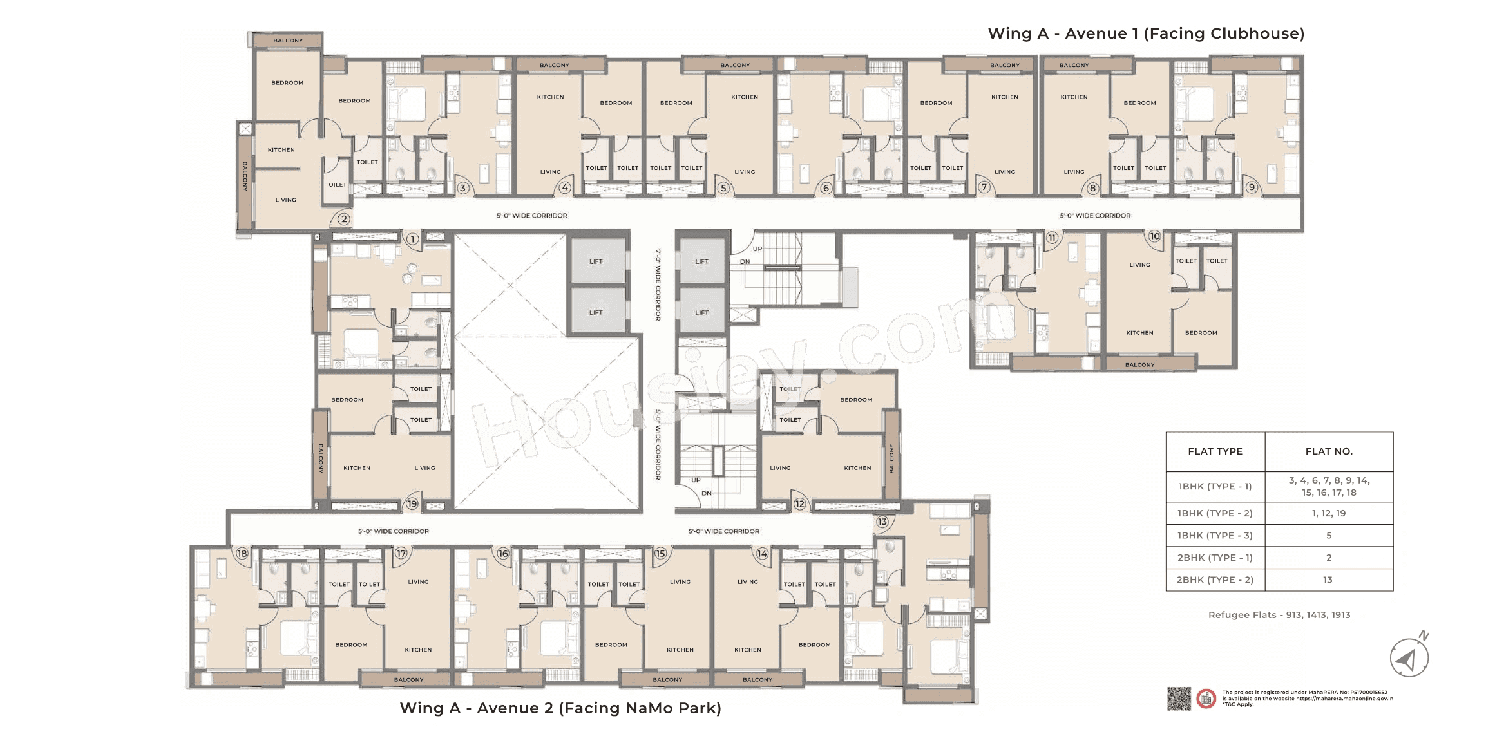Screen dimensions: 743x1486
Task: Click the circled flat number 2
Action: tap(344, 219)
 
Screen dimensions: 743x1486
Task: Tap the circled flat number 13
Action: tap(882, 522)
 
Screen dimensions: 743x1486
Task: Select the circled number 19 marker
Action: tap(412, 503)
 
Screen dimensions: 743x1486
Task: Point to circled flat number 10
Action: tap(1154, 236)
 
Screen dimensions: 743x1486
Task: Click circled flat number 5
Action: tap(723, 188)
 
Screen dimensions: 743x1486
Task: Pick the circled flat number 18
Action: tap(242, 553)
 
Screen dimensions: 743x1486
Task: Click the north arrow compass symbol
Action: tap(1409, 658)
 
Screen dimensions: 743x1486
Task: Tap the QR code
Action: tap(1179, 699)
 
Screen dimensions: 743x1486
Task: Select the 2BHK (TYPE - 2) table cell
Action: tap(1215, 579)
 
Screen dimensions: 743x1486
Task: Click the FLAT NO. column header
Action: tap(1329, 451)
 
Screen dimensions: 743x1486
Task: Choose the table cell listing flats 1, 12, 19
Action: tap(1329, 513)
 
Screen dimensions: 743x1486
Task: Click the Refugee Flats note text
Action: tap(1279, 615)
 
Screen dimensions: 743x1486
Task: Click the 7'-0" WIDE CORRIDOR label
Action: tap(658, 285)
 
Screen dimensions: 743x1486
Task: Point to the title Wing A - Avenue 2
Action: tap(560, 708)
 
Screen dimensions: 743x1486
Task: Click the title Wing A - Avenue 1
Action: tap(1146, 33)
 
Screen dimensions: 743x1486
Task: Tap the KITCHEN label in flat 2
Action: tap(281, 150)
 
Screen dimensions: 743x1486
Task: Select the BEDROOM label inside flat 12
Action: tap(856, 400)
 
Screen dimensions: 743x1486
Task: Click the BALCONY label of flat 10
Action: tap(1139, 365)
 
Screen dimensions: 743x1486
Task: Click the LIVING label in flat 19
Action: tap(424, 468)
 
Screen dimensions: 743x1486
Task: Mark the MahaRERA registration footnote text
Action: tap(1307, 698)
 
